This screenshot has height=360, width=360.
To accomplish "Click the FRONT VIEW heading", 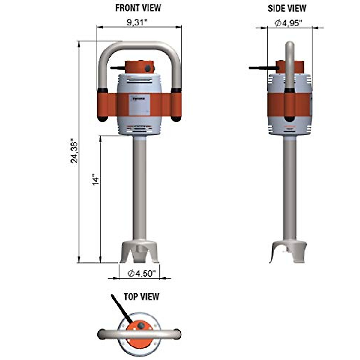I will pos(138,8).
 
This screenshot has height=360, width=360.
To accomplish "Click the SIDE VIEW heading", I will pos(287,8).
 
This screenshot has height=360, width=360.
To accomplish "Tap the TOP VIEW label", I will pos(141,297).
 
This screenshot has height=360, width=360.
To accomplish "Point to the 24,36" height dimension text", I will pos(74,151).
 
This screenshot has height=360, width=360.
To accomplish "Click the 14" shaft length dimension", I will pos(96,180).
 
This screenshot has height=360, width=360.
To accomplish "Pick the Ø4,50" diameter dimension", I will pos(142,274).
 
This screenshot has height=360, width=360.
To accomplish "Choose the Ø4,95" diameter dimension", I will pos(288,23).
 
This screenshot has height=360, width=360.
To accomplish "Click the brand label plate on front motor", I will pos(139,104).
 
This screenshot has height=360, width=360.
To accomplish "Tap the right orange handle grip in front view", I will pos(176,105).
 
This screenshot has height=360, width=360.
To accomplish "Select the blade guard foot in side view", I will pos(288,251).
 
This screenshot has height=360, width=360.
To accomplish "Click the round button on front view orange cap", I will pos(148,69).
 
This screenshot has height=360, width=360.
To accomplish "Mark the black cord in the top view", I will pos(120,309).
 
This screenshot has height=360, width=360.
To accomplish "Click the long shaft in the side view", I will pos(290,186).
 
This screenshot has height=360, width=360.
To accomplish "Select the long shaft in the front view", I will pos(139,186).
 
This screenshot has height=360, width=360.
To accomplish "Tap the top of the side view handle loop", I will pos(290,45).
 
